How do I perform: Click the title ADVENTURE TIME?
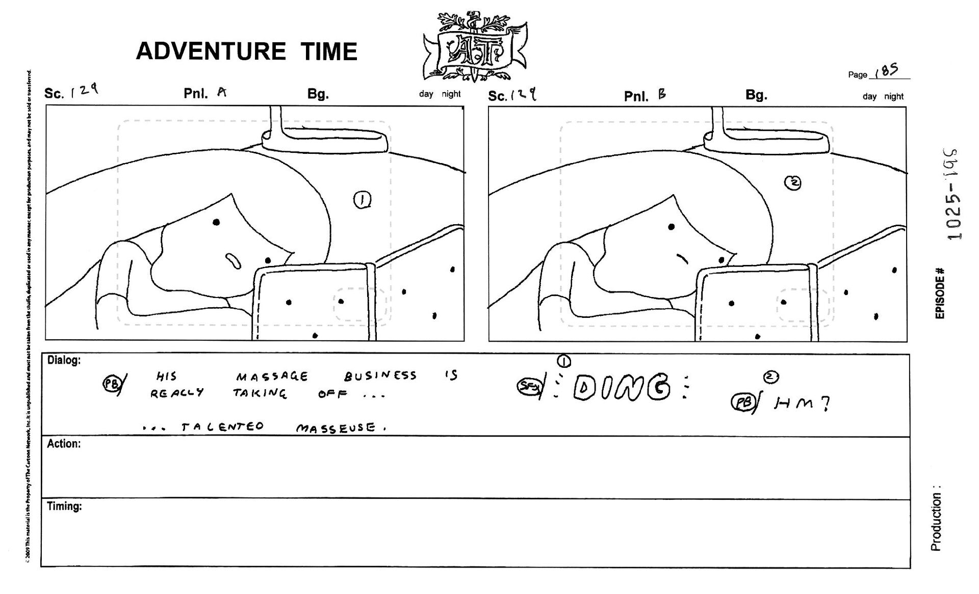pyautogui.click(x=246, y=51)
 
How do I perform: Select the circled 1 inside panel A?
pyautogui.click(x=362, y=200)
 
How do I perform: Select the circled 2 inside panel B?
pyautogui.click(x=793, y=183)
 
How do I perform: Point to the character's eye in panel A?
pyautogui.click(x=217, y=222)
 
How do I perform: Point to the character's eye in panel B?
pyautogui.click(x=672, y=227)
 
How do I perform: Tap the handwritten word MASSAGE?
pyautogui.click(x=272, y=377)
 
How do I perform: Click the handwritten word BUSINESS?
pyautogui.click(x=380, y=376)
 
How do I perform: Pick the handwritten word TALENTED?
pyautogui.click(x=222, y=427)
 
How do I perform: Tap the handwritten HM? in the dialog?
pyautogui.click(x=802, y=403)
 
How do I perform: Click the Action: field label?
pyautogui.click(x=64, y=444)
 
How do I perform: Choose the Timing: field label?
pyautogui.click(x=64, y=506)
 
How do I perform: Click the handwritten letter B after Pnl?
pyautogui.click(x=662, y=94)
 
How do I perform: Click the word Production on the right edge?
pyautogui.click(x=936, y=525)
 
